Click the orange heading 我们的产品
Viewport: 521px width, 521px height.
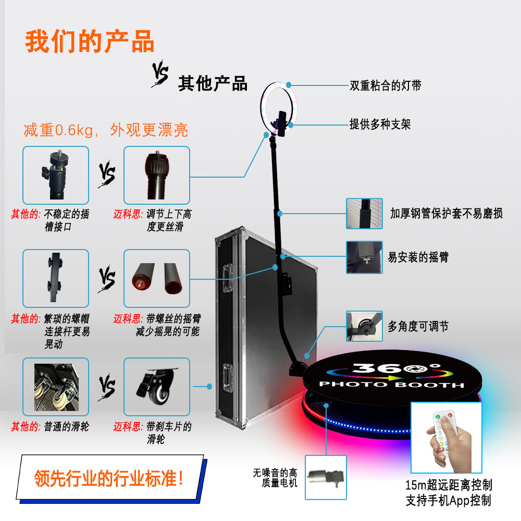point(90,42)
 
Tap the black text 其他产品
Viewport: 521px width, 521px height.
point(213,83)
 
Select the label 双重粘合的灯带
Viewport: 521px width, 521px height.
point(386,86)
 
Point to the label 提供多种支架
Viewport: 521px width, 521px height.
point(380,124)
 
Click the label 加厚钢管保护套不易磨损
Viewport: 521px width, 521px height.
point(446,213)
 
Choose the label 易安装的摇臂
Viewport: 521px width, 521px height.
point(418,257)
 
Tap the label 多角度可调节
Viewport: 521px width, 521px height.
point(418,327)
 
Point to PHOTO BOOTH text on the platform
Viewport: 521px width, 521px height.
point(391,385)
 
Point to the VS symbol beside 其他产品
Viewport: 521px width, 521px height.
point(160,75)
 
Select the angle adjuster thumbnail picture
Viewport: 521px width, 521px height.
point(364,326)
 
